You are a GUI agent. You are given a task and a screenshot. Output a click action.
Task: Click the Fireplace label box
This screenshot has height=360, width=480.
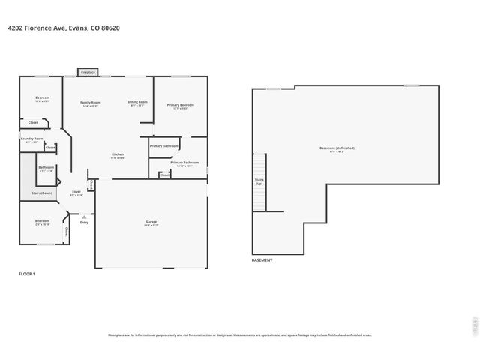[x=87, y=72]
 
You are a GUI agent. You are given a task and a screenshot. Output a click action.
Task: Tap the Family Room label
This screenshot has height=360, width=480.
[x=91, y=103]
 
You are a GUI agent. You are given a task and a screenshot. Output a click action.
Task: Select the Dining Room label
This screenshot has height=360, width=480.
[x=137, y=102]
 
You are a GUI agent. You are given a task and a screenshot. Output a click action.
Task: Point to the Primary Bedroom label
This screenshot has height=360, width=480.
[x=180, y=105]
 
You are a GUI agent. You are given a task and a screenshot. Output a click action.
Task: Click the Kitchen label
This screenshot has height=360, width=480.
[x=118, y=154]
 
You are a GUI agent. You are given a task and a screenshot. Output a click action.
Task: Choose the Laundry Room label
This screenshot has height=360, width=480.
[x=31, y=139]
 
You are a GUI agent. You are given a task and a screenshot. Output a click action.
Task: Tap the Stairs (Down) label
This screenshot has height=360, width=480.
[x=42, y=193]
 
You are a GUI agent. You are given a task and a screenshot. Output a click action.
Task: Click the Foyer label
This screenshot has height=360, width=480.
[x=76, y=192]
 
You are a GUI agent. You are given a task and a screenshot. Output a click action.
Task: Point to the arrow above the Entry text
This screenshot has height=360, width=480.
[x=84, y=215]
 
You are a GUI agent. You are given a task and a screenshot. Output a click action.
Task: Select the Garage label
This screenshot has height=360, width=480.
[x=151, y=222]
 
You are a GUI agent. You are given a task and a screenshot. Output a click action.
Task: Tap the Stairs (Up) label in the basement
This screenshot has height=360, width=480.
[x=260, y=181]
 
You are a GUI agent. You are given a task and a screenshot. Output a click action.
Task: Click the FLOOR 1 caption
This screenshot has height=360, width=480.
[x=27, y=274]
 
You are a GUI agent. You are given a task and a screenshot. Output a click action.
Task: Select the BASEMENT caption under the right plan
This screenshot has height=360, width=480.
[x=262, y=260]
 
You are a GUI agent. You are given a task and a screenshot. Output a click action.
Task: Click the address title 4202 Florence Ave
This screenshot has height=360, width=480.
[x=64, y=28]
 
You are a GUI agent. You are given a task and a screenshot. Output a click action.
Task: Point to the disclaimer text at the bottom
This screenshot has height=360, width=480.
[x=240, y=335]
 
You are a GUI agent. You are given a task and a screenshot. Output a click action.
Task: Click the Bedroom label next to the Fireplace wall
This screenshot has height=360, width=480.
[x=42, y=99]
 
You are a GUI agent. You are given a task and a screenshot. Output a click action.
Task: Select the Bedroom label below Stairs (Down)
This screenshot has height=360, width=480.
[x=42, y=221]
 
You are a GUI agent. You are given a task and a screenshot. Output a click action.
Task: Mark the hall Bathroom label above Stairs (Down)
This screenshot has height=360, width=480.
[x=46, y=167]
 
